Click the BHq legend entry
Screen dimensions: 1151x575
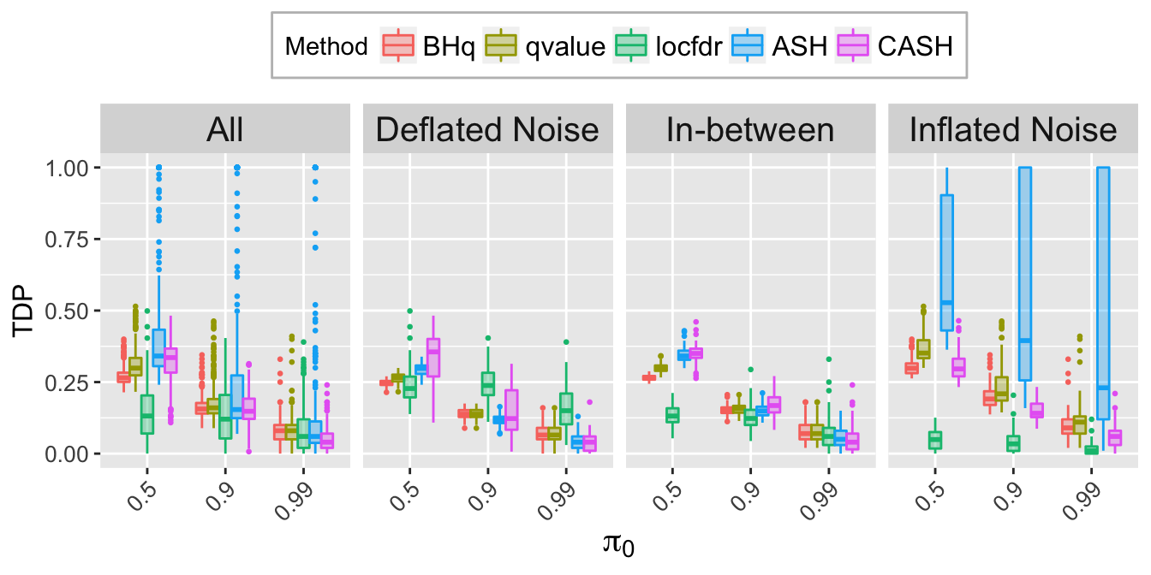pos(428,45)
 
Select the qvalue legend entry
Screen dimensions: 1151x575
pos(545,45)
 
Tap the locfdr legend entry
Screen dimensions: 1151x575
pos(667,45)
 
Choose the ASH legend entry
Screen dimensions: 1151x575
pos(778,45)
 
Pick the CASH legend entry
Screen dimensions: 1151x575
pos(894,45)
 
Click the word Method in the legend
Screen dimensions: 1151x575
pos(326,46)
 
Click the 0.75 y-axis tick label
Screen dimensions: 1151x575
pos(66,240)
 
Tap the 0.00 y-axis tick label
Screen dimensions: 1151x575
pos(66,453)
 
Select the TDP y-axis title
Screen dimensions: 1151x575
pos(22,310)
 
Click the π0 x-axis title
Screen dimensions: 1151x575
pos(618,544)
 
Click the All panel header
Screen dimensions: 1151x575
pos(225,129)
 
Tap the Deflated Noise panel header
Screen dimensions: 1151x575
pos(487,129)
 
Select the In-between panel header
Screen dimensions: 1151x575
pos(750,129)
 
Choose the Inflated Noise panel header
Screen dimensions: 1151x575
pos(1013,129)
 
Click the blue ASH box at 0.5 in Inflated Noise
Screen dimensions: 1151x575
pos(947,263)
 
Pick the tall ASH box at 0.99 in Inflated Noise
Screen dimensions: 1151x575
pos(1103,293)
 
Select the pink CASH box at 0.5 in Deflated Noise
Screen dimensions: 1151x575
pos(433,358)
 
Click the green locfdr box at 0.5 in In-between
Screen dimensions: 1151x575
pos(672,415)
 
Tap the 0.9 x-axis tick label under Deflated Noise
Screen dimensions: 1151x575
pos(484,495)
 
